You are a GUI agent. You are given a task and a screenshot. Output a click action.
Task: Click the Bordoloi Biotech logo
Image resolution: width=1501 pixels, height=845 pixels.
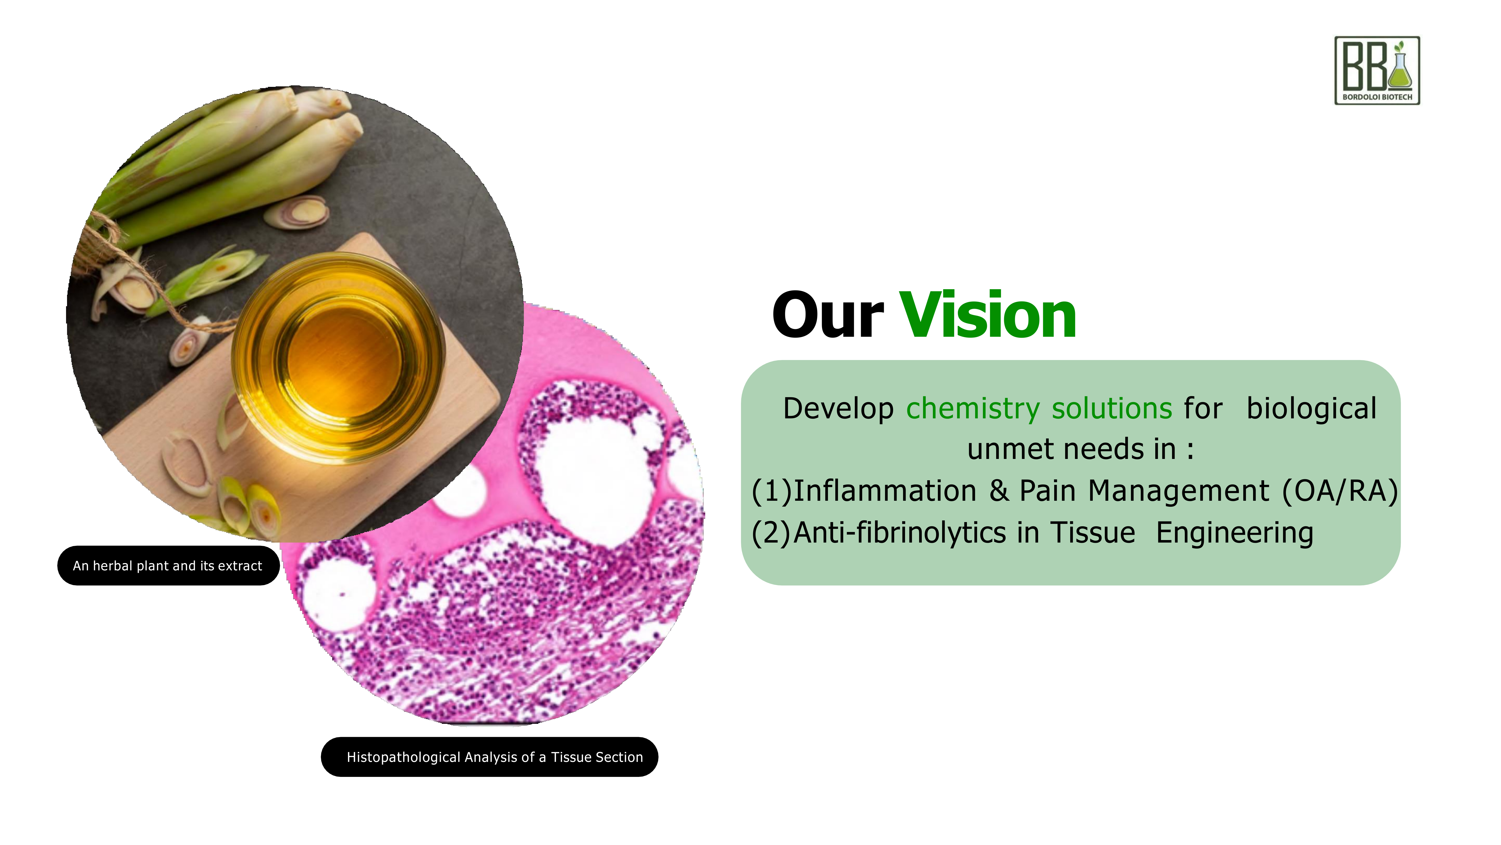[x=1377, y=71]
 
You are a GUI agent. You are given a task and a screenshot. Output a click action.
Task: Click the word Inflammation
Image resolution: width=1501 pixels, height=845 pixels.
[x=885, y=490]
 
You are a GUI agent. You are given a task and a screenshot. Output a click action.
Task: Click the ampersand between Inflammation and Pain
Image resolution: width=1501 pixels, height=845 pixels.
[x=999, y=490]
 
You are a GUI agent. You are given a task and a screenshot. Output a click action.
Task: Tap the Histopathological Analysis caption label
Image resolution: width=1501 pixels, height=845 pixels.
[x=490, y=757]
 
